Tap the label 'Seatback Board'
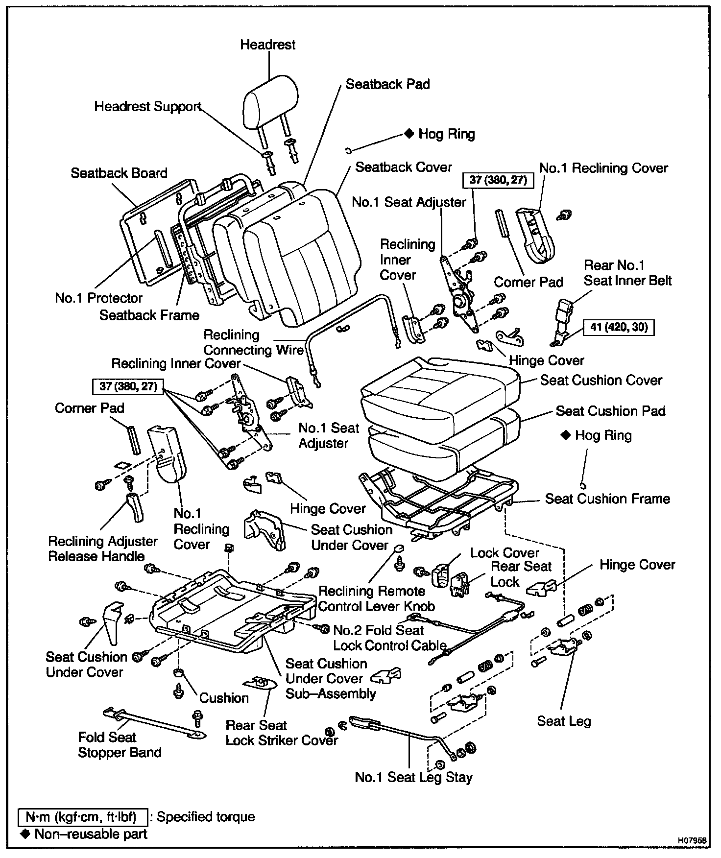coord(119,173)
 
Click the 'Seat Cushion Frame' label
coord(607,499)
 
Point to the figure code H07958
coord(692,840)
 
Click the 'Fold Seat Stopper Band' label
coord(120,745)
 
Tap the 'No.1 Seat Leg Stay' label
coord(413,777)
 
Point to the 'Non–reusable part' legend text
coord(91,834)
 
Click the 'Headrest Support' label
coord(147,107)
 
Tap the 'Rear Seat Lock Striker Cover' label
coord(282,733)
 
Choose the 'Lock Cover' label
coord(505,553)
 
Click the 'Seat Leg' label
coord(564,721)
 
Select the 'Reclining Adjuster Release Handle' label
coord(102,548)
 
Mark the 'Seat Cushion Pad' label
coord(610,411)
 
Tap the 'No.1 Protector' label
coord(98,298)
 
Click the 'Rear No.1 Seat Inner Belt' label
coord(627,273)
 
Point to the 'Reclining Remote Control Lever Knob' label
coord(376,598)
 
